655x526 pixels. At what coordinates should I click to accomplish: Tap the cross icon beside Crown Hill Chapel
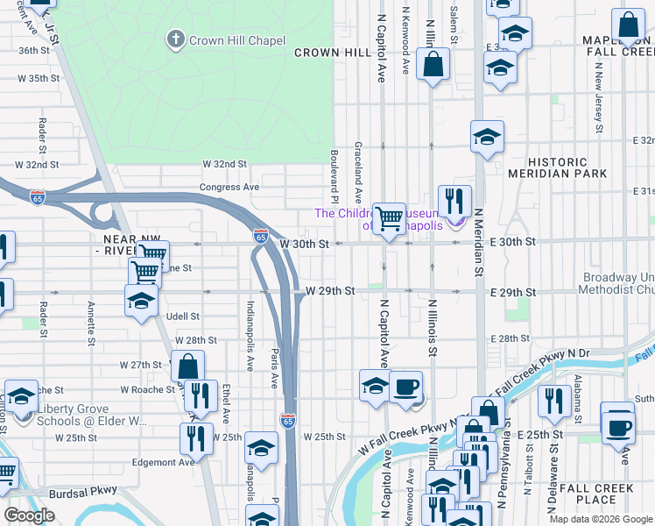176,39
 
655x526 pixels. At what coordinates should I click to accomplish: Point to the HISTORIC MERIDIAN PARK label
567,167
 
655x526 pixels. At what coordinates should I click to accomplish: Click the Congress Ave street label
229,187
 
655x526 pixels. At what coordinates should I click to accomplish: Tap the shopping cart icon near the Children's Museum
388,217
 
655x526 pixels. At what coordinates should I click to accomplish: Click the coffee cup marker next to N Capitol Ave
405,387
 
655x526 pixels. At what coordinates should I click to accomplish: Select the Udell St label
183,316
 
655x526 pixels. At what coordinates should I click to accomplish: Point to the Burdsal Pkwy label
82,493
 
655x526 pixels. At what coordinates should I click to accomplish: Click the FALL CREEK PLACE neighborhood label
588,494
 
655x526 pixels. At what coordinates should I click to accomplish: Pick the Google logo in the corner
29,515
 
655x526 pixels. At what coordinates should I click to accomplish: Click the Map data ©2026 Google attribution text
600,519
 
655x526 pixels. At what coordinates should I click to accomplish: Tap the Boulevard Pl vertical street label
335,167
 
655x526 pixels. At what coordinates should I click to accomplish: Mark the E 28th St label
511,338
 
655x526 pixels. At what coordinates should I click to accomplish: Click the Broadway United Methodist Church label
617,283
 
